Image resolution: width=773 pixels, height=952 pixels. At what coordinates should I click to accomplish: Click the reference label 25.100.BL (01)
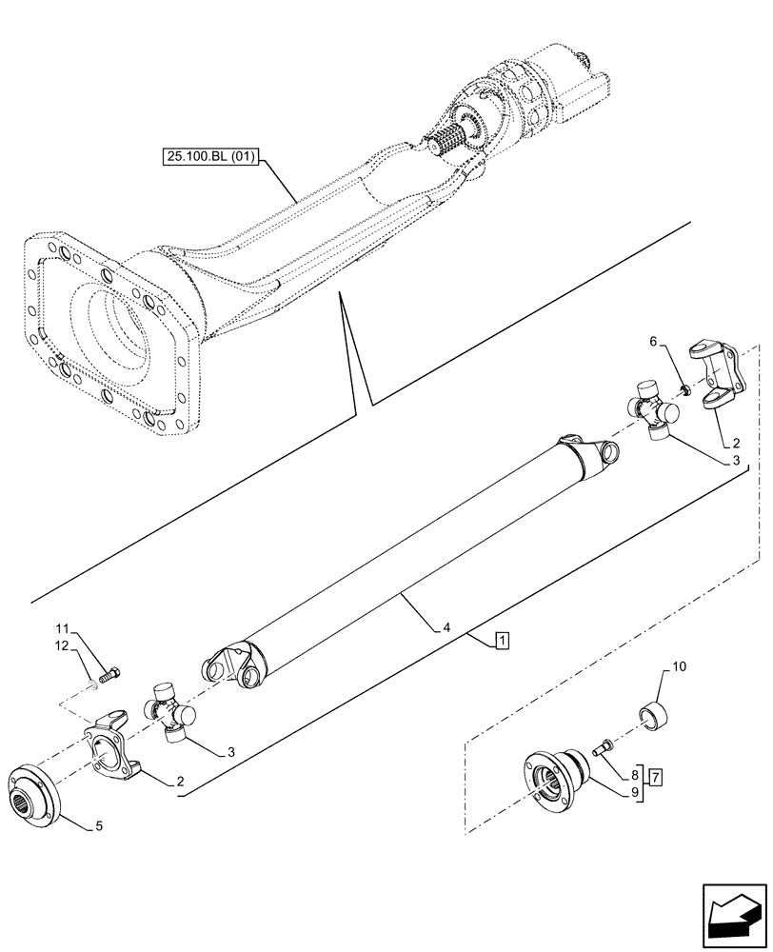209,158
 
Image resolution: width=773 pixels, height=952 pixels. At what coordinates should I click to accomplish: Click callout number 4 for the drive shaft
446,627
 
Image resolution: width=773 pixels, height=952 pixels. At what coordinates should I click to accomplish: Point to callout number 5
100,825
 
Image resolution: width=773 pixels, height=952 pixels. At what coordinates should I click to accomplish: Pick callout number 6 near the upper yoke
652,341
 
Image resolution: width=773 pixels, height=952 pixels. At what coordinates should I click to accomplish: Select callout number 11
61,628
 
